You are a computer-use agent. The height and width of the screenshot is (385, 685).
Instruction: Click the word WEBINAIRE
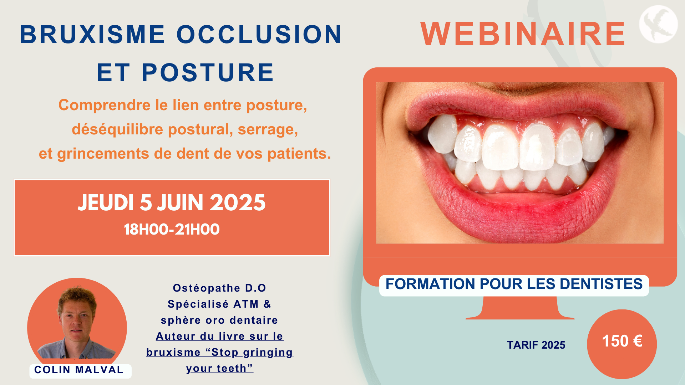[x=523, y=34]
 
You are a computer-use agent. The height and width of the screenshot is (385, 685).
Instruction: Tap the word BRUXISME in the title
[x=92, y=35]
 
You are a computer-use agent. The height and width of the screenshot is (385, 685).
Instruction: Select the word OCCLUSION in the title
[x=259, y=35]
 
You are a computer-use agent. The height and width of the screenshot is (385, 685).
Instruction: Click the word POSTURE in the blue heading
[x=208, y=72]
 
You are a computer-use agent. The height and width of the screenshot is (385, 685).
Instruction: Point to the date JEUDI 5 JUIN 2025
[x=172, y=202]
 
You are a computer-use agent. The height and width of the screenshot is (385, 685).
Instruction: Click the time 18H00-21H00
[x=172, y=229]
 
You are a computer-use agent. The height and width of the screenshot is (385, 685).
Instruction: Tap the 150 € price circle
[x=622, y=344]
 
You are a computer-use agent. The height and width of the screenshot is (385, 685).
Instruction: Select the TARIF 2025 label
[x=536, y=345]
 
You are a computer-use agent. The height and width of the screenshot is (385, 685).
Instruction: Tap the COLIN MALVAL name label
[x=79, y=370]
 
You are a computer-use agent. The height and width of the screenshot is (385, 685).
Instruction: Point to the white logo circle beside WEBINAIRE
[x=658, y=24]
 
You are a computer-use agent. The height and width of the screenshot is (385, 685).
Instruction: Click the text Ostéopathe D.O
[x=219, y=288]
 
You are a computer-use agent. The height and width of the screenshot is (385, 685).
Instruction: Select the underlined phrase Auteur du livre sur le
[x=220, y=336]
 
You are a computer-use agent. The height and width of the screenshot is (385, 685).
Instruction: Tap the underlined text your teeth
[x=220, y=368]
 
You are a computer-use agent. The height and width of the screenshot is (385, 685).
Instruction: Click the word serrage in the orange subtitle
[x=268, y=130]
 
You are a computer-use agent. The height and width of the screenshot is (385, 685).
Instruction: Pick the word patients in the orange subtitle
[x=299, y=154]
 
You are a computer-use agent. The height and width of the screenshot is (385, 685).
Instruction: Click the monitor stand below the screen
[x=520, y=308]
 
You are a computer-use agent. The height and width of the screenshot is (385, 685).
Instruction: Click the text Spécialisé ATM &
[x=219, y=304]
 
